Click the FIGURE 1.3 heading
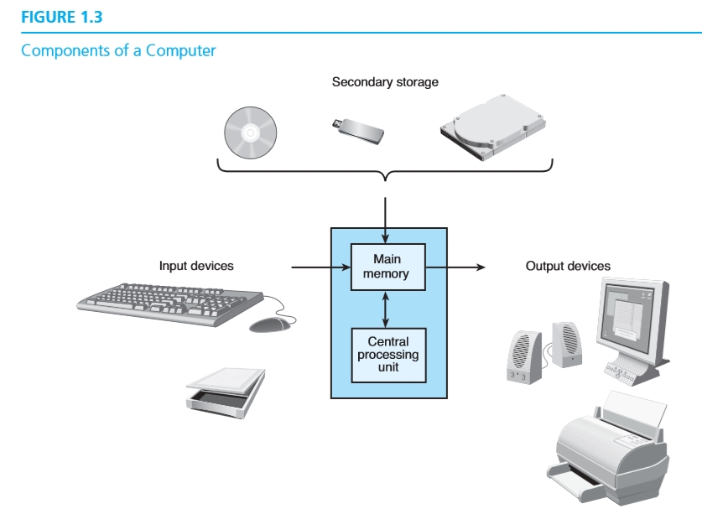coord(61,17)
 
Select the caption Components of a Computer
coord(118,50)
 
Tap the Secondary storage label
coord(385,82)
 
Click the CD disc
coord(249,132)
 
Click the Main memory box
coord(387,267)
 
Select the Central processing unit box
coord(387,354)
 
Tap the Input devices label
coord(196,266)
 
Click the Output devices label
coord(568,266)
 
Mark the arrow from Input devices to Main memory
coord(320,267)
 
